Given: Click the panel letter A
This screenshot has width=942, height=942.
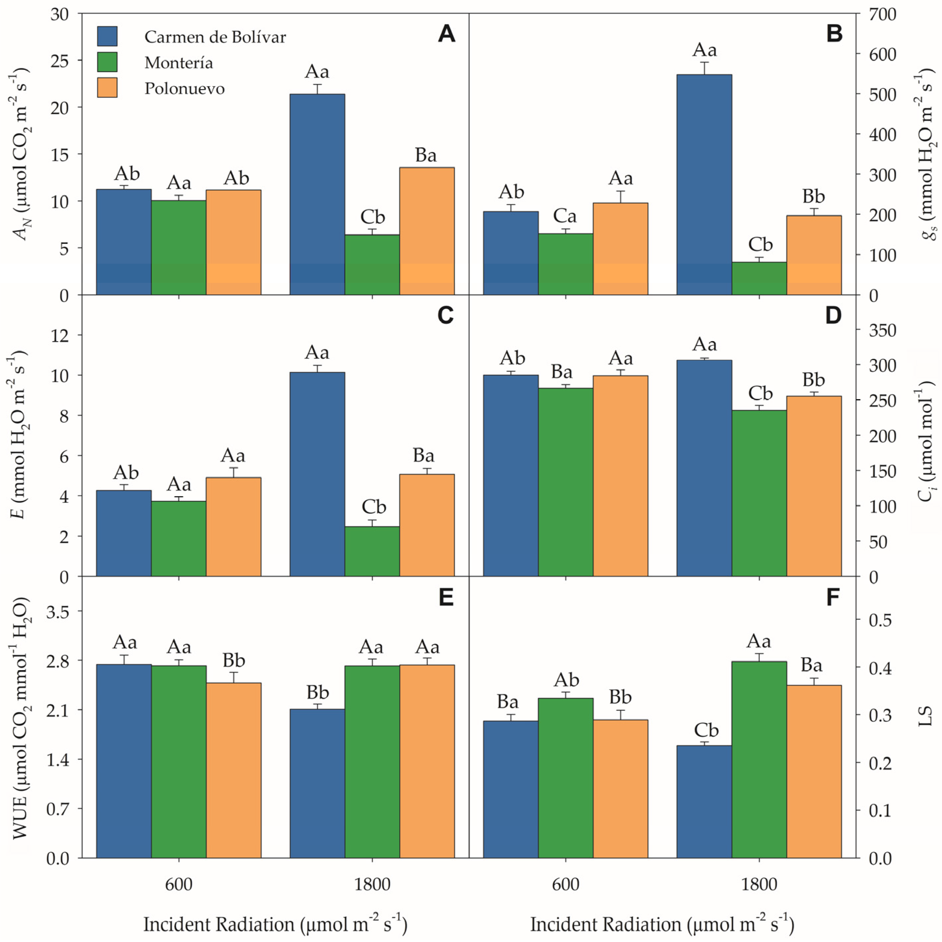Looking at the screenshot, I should pyautogui.click(x=446, y=34).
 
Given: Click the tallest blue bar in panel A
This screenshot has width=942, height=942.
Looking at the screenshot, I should pyautogui.click(x=317, y=195).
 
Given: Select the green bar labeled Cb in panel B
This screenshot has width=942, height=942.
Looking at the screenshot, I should pyautogui.click(x=759, y=279).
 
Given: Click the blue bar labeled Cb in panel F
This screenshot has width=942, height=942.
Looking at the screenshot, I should pyautogui.click(x=704, y=803).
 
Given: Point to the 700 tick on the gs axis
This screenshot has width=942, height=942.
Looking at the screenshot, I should pyautogui.click(x=882, y=14).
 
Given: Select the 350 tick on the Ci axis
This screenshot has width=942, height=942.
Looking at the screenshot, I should pyautogui.click(x=882, y=330).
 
